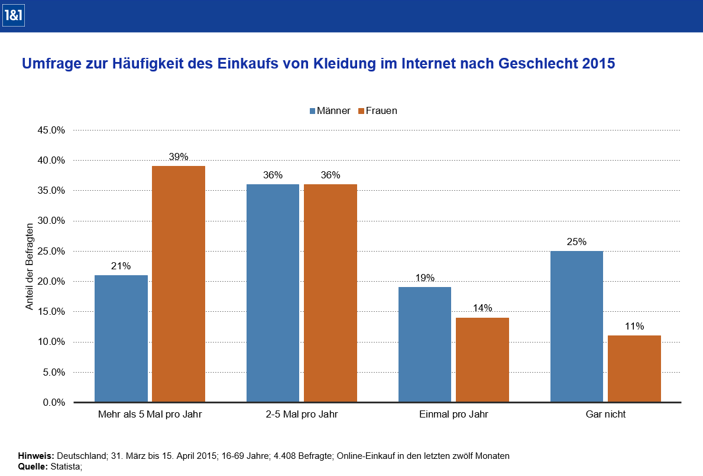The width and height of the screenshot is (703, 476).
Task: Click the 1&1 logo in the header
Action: [x=12, y=16]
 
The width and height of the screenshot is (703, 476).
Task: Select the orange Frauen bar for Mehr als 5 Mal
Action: [x=179, y=284]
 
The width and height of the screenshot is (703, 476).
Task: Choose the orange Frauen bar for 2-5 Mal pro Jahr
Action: [x=331, y=293]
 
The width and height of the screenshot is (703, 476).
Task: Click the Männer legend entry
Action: [x=331, y=110]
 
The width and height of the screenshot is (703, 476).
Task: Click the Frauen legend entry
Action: [x=377, y=110]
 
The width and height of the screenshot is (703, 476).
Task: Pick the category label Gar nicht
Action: [x=605, y=415]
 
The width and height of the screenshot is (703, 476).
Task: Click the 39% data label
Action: [x=179, y=157]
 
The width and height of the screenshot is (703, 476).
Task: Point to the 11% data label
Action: [x=634, y=326]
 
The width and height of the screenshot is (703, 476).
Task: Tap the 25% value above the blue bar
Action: [x=576, y=242]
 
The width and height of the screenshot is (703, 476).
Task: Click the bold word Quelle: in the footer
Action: [x=34, y=467]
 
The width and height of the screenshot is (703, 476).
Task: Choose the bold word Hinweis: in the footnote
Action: [x=36, y=456]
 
